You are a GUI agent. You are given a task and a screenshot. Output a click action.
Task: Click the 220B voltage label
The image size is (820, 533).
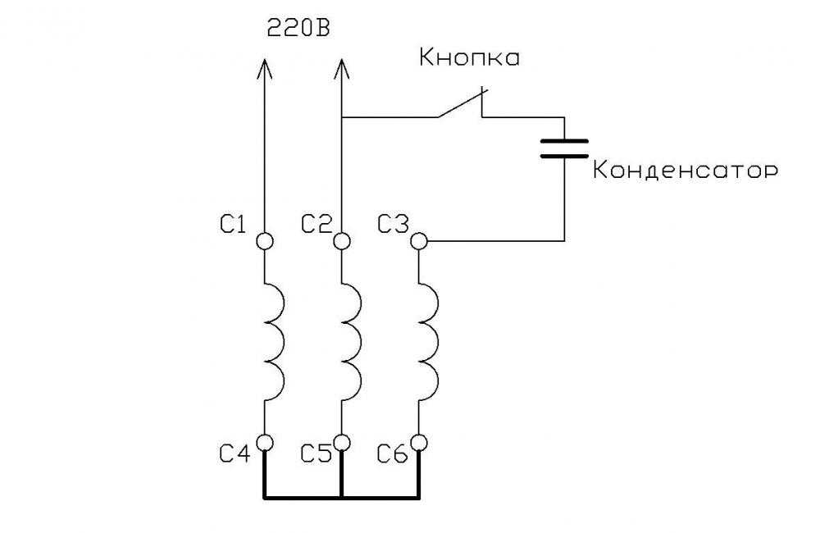(x=298, y=28)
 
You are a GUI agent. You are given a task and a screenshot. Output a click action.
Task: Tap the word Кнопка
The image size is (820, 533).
(x=470, y=57)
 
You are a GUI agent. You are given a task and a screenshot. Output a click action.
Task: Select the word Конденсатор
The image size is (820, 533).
(x=686, y=170)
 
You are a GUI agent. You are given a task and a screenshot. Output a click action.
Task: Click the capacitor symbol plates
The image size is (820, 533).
(x=564, y=148)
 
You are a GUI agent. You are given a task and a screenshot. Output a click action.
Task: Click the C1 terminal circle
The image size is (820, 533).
(x=265, y=241)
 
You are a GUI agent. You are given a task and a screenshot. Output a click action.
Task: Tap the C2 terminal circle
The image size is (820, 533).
(x=341, y=241)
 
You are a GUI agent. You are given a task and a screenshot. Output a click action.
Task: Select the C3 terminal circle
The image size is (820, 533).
(x=418, y=241)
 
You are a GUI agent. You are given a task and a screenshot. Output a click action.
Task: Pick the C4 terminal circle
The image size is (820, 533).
(x=265, y=443)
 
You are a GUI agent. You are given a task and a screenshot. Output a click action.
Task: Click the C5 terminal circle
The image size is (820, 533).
(x=341, y=443)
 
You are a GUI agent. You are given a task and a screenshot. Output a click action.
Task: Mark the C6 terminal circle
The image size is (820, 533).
(x=418, y=443)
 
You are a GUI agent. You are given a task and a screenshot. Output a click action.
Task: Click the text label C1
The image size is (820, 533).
(x=232, y=225)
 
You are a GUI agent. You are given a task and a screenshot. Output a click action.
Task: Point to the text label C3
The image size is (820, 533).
(x=393, y=225)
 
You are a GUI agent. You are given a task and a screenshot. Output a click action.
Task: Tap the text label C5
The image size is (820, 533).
(x=317, y=453)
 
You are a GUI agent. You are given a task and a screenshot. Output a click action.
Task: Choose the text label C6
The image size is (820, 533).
(x=393, y=453)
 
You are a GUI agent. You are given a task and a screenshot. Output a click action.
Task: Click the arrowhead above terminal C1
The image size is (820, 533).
(x=265, y=68)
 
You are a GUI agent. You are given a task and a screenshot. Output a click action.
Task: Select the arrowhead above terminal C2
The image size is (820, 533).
(x=341, y=68)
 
